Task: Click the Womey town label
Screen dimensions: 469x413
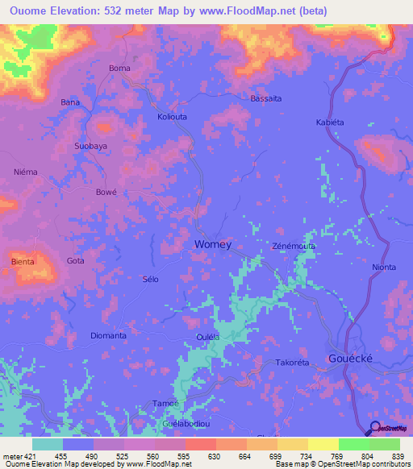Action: (213, 244)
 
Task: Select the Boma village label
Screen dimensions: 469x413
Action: (119, 68)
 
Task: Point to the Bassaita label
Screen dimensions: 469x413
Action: (266, 98)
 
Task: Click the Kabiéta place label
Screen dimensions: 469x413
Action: (330, 122)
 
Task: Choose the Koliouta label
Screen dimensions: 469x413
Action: (174, 117)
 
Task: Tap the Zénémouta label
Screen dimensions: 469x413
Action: (294, 245)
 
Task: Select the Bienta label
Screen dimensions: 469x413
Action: (23, 261)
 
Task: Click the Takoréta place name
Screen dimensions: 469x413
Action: (292, 363)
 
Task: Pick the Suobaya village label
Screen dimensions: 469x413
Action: (90, 147)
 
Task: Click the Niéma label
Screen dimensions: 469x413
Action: (25, 172)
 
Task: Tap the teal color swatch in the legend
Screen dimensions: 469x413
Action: (48, 444)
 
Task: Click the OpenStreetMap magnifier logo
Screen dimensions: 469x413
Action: (373, 429)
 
